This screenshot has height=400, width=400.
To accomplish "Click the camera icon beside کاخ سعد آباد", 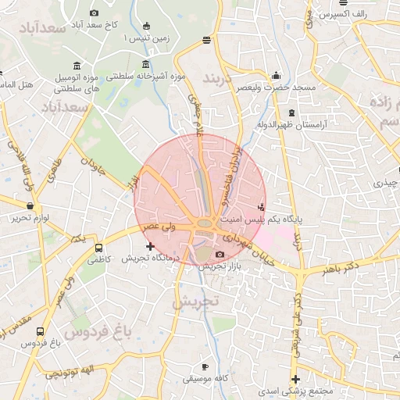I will [x=95, y=12].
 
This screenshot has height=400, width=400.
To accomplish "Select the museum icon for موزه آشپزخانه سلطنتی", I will [x=145, y=64].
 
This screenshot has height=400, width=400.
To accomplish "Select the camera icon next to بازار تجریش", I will [x=220, y=255].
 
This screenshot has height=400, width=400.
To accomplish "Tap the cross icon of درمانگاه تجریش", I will [x=151, y=247].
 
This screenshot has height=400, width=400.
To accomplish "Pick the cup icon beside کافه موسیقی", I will [x=205, y=366].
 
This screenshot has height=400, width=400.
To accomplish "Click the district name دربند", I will [x=218, y=78].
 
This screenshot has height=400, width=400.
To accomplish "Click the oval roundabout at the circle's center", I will [x=205, y=224].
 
